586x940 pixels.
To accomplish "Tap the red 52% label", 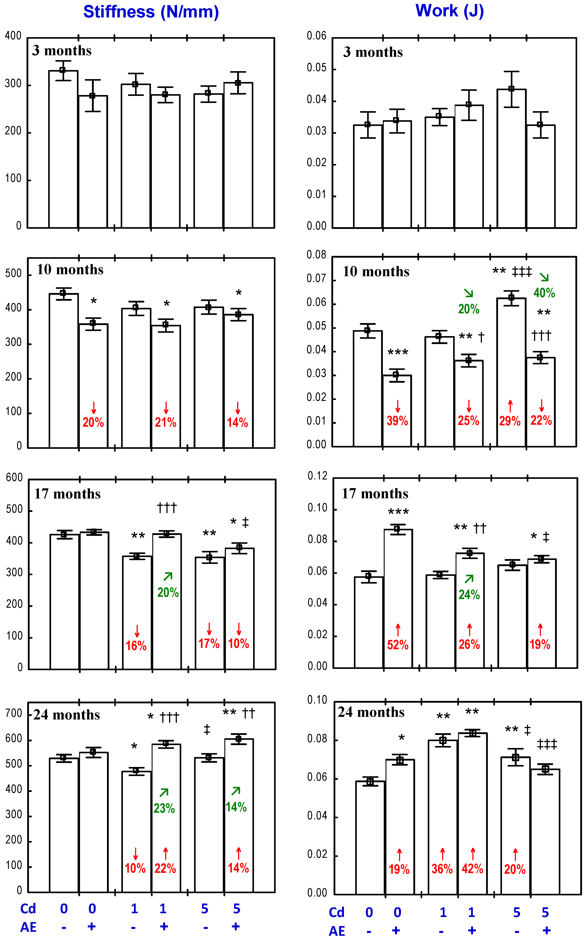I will coord(398,645).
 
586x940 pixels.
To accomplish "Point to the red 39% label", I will coord(397,421).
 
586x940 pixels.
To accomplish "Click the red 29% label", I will coord(510,421).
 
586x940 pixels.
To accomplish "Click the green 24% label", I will coord(469,595).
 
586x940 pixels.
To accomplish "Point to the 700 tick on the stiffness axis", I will coord(14,714).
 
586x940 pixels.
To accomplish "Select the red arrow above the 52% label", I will coord(398,629).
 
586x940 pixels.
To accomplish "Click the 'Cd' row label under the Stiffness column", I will coord(28,909).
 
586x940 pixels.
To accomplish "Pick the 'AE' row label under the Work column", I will coord(337,931).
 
